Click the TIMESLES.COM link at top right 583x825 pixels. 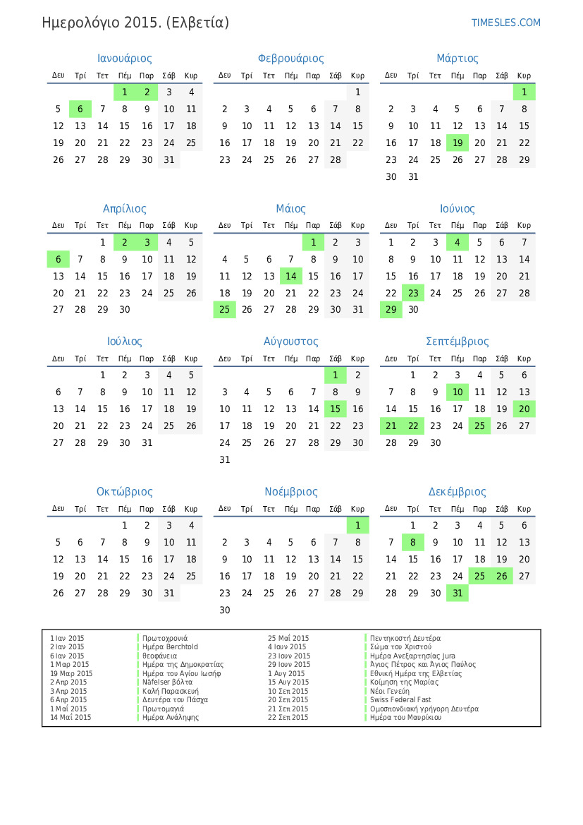click(x=505, y=23)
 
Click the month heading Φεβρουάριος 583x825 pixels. click(x=291, y=59)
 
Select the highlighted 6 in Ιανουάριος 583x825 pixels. click(x=80, y=109)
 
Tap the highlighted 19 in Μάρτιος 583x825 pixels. click(x=458, y=143)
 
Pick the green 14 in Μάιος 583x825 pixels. click(x=291, y=276)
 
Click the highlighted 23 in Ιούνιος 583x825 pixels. click(x=413, y=293)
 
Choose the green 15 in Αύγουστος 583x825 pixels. click(x=336, y=409)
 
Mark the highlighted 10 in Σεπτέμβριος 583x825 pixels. click(x=458, y=392)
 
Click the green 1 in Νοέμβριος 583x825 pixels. click(x=357, y=525)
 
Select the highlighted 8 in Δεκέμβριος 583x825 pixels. click(x=413, y=542)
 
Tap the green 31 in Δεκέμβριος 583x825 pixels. click(x=458, y=593)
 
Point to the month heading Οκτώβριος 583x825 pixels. click(x=125, y=492)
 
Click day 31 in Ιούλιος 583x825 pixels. click(x=147, y=442)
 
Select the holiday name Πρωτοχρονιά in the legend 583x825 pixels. click(x=165, y=638)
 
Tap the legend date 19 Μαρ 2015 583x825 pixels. click(x=71, y=673)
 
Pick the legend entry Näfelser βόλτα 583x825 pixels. click(x=167, y=682)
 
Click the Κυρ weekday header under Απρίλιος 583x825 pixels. click(x=191, y=225)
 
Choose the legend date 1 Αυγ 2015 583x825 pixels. click(x=286, y=673)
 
